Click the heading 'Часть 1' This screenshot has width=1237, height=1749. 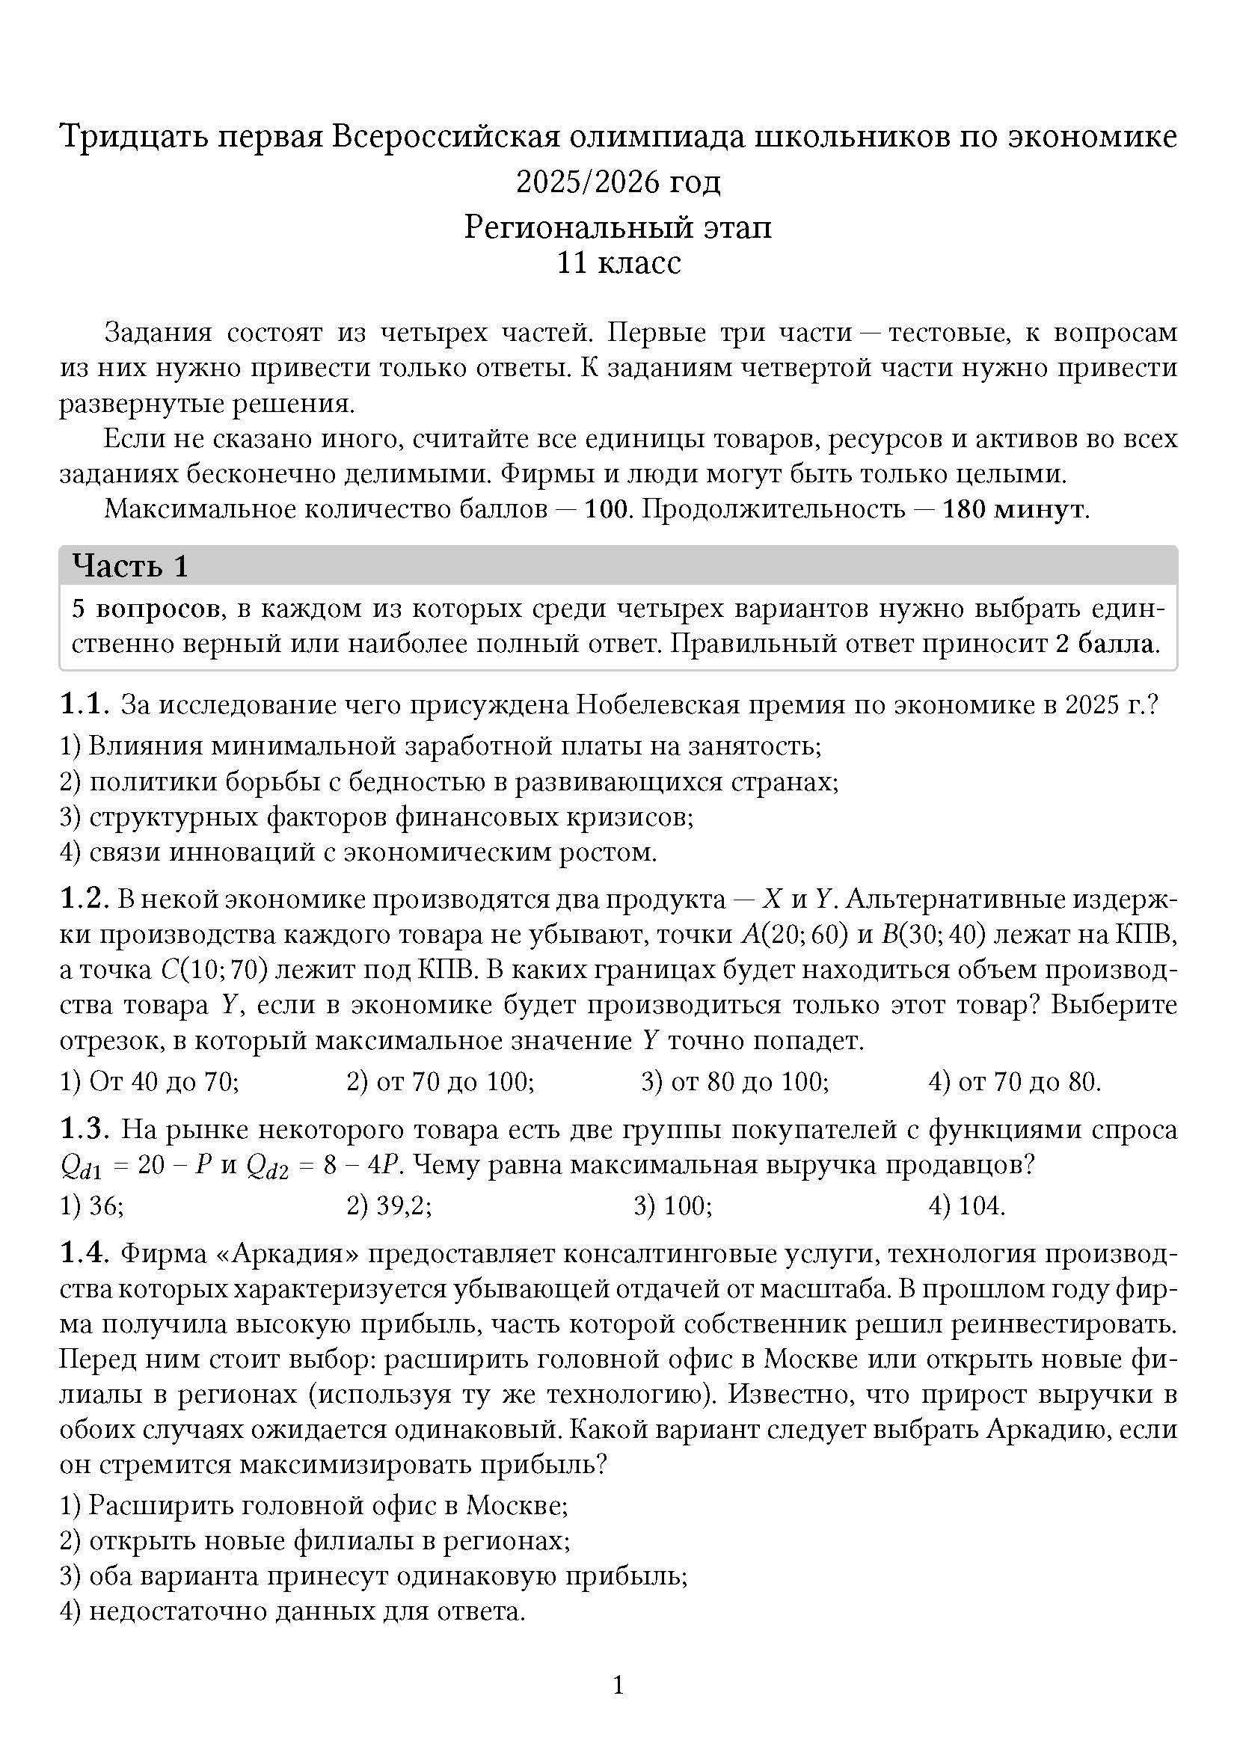(129, 566)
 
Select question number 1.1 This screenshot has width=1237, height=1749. (85, 704)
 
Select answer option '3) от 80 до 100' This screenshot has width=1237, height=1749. (735, 1081)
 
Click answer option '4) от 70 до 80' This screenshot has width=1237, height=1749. (1015, 1081)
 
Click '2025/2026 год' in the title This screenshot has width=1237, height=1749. (618, 181)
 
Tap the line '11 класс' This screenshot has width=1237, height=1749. (618, 262)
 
